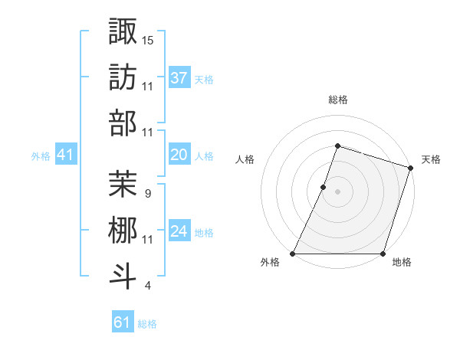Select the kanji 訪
pyautogui.click(x=123, y=77)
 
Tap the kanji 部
pyautogui.click(x=123, y=123)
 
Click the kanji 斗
pyautogui.click(x=123, y=274)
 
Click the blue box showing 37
pyautogui.click(x=179, y=77)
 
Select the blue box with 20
pyautogui.click(x=179, y=155)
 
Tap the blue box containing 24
pyautogui.click(x=179, y=231)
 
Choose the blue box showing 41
pyautogui.click(x=66, y=155)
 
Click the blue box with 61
pyautogui.click(x=123, y=322)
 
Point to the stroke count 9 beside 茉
pyautogui.click(x=147, y=192)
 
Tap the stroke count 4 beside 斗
pyautogui.click(x=147, y=286)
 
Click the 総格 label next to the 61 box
pyautogui.click(x=147, y=324)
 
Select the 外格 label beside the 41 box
pyautogui.click(x=41, y=156)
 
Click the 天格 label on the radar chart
pyautogui.click(x=432, y=159)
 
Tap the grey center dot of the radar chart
pyautogui.click(x=337, y=191)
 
